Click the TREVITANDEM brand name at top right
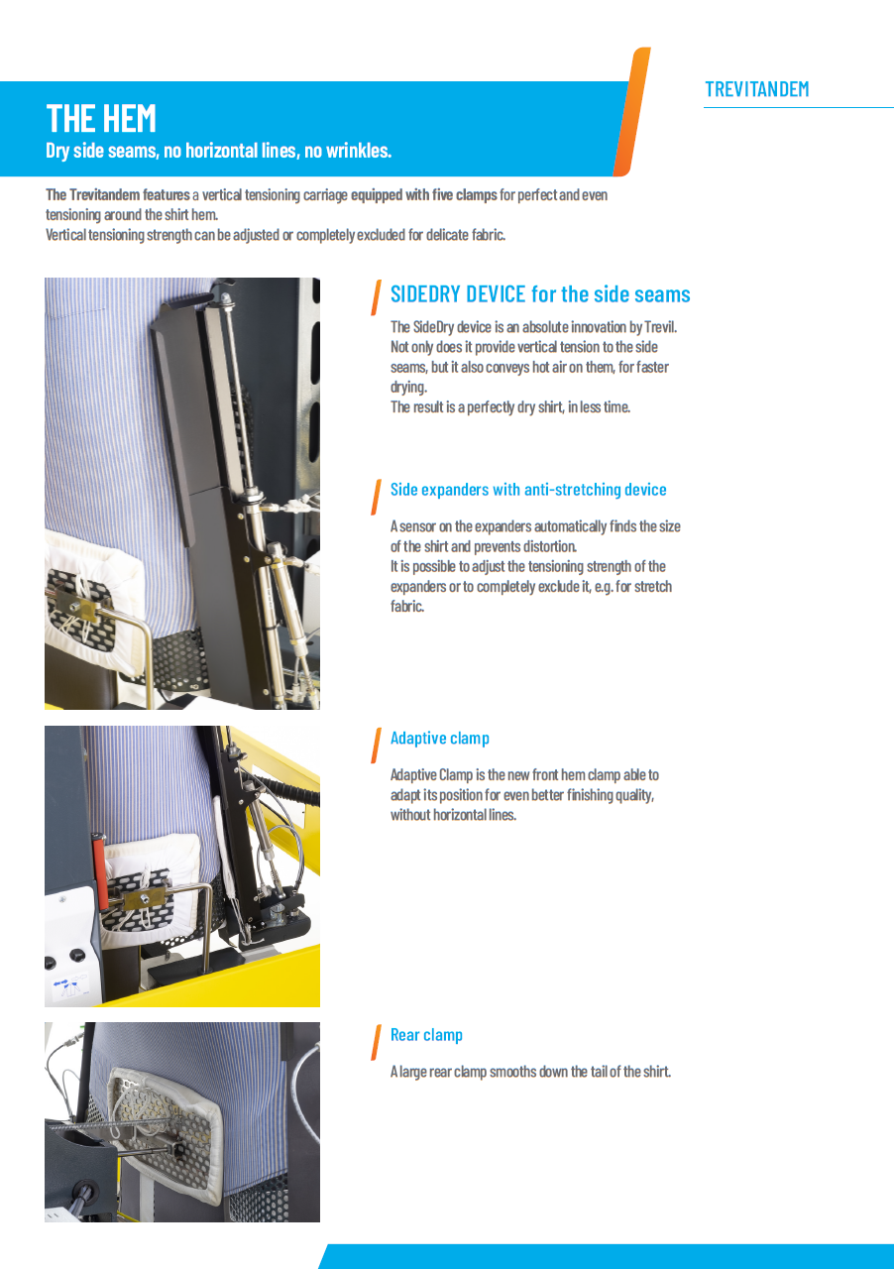pos(756,89)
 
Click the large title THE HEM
pos(101,119)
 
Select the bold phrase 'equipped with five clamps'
pos(423,194)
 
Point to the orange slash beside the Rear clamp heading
pos(376,1042)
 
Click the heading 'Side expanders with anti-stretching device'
pos(527,490)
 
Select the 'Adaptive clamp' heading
pos(439,739)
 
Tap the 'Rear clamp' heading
pos(426,1035)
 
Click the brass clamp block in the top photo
pos(85,607)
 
